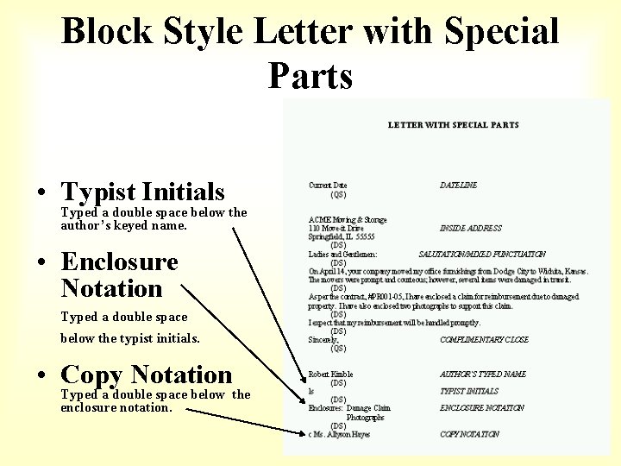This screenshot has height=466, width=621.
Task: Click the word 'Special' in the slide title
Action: (x=502, y=33)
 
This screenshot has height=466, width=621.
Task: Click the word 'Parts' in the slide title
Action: (x=310, y=76)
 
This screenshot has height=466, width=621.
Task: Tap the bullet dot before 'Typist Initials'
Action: (x=41, y=193)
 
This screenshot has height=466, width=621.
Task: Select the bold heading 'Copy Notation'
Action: (x=147, y=375)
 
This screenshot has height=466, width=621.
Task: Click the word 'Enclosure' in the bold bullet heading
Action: (x=120, y=261)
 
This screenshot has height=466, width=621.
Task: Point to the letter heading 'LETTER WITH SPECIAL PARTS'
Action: (x=453, y=125)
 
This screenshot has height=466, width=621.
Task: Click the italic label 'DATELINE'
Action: (x=458, y=186)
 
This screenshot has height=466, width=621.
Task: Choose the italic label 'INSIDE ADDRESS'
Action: (x=470, y=229)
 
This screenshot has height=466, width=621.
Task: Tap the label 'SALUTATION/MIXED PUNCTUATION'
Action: (x=481, y=255)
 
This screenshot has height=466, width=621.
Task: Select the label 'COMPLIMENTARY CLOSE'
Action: (x=484, y=340)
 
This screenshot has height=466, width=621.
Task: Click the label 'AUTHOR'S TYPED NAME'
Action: (x=482, y=375)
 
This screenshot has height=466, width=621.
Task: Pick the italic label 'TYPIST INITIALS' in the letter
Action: (x=469, y=392)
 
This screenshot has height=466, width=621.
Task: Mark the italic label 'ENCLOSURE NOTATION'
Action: (x=481, y=408)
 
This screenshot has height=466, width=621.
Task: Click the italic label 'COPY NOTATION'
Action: (x=469, y=434)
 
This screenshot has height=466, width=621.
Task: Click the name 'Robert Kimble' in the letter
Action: (x=331, y=375)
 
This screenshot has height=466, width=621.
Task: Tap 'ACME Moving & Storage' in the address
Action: (x=348, y=220)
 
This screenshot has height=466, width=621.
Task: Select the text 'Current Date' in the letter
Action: (x=328, y=186)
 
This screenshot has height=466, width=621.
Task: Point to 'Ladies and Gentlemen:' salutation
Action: (x=342, y=255)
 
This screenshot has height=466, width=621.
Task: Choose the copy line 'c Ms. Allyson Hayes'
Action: (x=339, y=434)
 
